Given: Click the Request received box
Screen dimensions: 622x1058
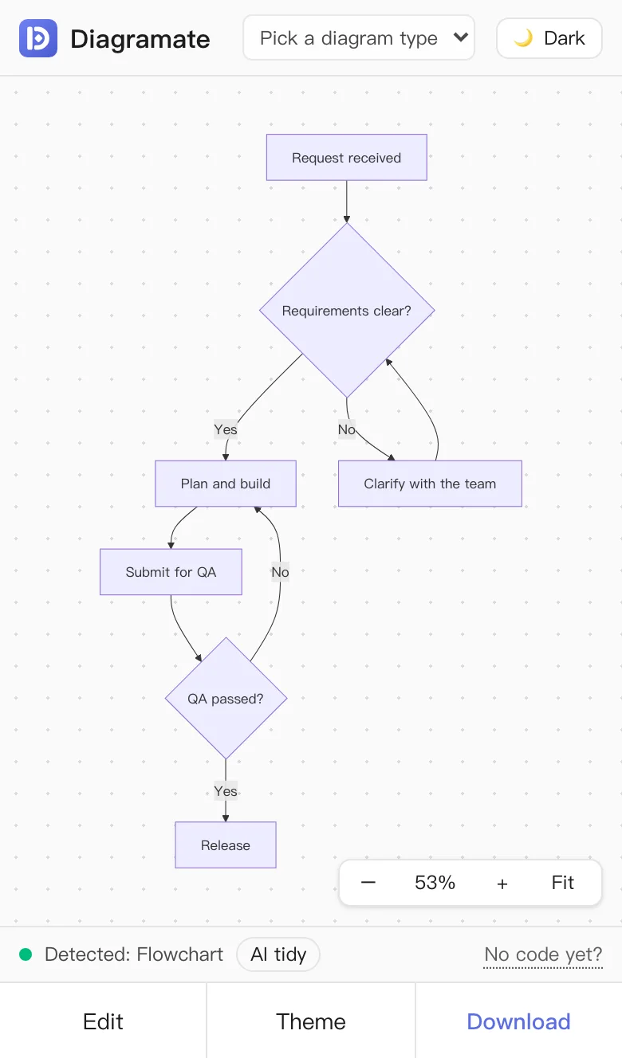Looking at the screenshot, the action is click(x=346, y=157).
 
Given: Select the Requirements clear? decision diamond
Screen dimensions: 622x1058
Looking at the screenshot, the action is click(x=347, y=311).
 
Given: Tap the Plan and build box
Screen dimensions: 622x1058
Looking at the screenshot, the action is click(x=226, y=484).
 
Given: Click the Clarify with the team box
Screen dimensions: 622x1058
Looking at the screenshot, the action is click(x=430, y=484).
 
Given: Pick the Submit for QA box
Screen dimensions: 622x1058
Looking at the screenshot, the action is click(x=171, y=572).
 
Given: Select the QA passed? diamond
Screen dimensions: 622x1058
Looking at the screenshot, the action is click(x=226, y=699).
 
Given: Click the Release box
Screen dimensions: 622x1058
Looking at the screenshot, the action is click(x=226, y=845).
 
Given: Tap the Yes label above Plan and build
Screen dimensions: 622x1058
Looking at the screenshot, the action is click(x=226, y=429).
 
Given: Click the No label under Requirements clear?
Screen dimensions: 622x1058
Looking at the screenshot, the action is click(x=346, y=429).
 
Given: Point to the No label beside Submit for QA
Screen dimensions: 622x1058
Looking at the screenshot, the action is click(x=280, y=572).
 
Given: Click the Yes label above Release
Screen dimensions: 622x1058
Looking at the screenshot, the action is click(x=226, y=790).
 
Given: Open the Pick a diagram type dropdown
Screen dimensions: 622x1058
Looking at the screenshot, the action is click(x=359, y=37).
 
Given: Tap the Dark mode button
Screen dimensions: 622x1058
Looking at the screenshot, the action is click(x=549, y=38).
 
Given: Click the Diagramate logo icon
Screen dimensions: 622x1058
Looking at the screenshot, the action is click(x=38, y=38).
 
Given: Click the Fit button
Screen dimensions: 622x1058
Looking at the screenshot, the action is click(x=562, y=882).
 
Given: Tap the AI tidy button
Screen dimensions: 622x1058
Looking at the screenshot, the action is click(x=278, y=954).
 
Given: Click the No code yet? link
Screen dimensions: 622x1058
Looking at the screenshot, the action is click(x=543, y=954).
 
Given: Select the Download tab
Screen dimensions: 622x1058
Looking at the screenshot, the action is click(x=518, y=1021).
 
